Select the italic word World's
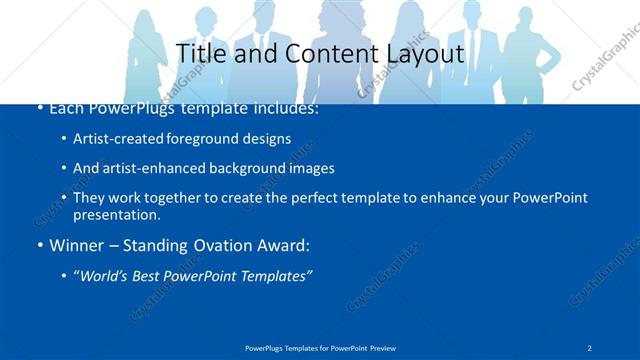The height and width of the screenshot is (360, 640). [x=104, y=276]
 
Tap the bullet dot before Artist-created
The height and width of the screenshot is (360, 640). [x=64, y=140]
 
